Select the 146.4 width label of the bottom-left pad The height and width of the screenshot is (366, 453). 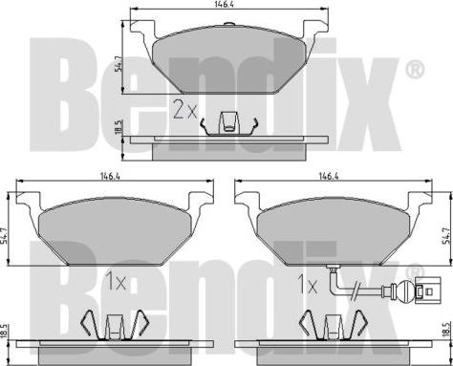coord(110,176)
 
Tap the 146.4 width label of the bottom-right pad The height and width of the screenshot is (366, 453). coord(329,176)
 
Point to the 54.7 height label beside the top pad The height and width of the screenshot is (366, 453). coord(118,65)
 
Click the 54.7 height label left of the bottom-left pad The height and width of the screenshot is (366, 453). coord(4,236)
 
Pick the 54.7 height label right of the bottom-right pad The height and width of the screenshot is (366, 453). coord(448,236)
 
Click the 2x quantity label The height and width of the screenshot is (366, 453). coord(184,110)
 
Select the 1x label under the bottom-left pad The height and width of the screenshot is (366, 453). coord(116,282)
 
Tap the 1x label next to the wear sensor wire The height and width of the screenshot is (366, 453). coord(308,284)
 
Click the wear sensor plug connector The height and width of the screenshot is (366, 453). coord(428,290)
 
